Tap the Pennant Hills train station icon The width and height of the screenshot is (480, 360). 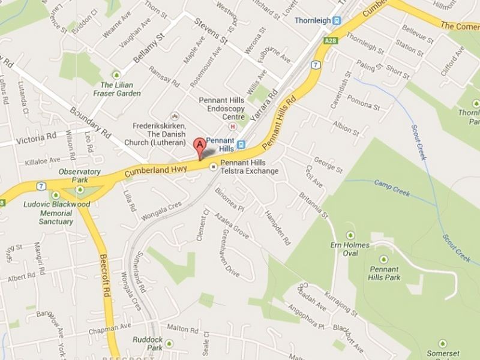click(241, 144)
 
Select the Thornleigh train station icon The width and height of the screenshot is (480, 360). click(337, 20)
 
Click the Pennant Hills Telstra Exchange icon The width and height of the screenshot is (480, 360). click(214, 167)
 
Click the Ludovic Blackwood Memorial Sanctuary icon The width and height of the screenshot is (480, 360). click(56, 194)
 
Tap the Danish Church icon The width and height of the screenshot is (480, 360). click(174, 115)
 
